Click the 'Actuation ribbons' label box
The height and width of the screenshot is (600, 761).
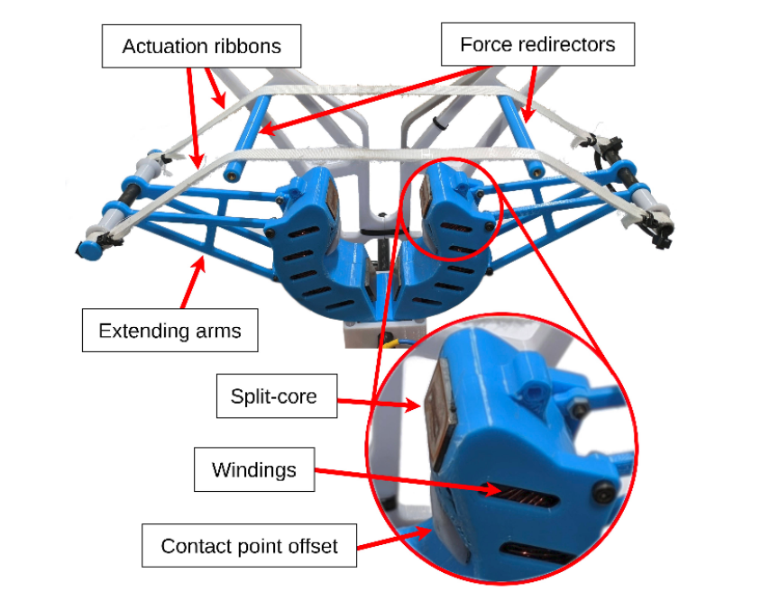pos(201,46)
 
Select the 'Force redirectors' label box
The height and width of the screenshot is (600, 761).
pos(537,44)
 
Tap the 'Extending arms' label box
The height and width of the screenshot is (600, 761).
pos(170,331)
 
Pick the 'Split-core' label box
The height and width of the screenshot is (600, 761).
pos(277,395)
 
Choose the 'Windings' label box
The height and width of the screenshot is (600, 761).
pos(254,469)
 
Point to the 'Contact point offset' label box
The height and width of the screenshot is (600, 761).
pos(250,546)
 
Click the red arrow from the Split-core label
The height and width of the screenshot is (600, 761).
pos(379,403)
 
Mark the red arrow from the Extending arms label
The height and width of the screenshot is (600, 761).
pos(193,282)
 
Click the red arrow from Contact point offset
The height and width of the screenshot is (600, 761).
pos(394,539)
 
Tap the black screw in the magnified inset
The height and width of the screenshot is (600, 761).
pos(602,493)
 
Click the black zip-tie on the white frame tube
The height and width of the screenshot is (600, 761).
pos(438,123)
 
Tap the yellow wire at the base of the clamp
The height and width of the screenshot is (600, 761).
pos(391,343)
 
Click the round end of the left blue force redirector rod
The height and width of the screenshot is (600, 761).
pos(233,175)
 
